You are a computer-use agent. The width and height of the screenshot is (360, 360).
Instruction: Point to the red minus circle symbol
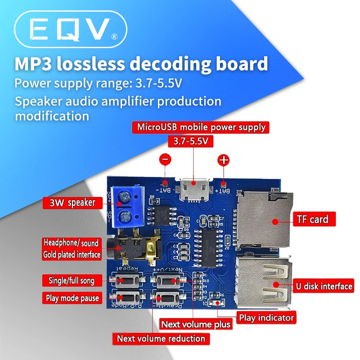[165, 159]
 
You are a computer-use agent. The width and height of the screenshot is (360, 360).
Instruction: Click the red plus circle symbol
[223, 160]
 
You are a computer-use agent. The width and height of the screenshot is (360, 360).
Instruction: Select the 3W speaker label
[70, 202]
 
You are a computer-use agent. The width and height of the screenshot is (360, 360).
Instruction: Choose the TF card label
[312, 220]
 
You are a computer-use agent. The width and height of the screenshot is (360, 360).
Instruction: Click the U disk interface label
[324, 286]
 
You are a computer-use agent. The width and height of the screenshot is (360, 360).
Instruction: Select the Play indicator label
[266, 318]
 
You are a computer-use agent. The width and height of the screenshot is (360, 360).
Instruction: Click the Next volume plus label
[196, 324]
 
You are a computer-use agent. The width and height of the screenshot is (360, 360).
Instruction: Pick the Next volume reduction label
[161, 339]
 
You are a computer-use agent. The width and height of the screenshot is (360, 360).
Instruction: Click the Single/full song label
[72, 280]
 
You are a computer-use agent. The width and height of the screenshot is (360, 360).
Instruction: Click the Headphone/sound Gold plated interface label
[72, 248]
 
